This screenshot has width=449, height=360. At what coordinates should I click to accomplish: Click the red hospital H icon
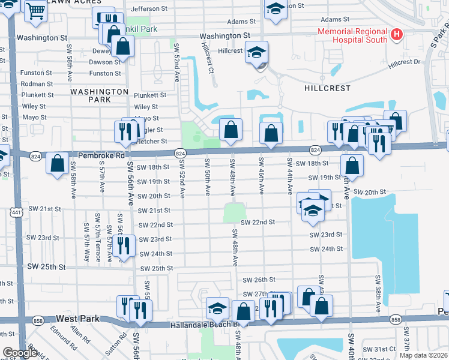click(x=396, y=35)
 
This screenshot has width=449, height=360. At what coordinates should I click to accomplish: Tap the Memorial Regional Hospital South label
click(x=354, y=35)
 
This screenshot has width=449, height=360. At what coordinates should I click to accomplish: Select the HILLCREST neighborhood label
click(x=326, y=88)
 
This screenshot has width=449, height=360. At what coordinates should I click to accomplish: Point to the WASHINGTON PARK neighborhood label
click(x=99, y=95)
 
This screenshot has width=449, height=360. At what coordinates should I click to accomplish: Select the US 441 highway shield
click(x=16, y=213)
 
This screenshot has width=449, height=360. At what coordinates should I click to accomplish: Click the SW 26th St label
click(x=259, y=280)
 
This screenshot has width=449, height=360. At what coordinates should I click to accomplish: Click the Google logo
click(x=20, y=353)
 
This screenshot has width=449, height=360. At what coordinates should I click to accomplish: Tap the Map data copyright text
click(x=423, y=355)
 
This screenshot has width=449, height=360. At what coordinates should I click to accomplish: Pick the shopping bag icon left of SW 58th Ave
click(x=57, y=163)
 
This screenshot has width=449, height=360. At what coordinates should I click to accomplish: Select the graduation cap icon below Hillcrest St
click(x=256, y=53)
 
